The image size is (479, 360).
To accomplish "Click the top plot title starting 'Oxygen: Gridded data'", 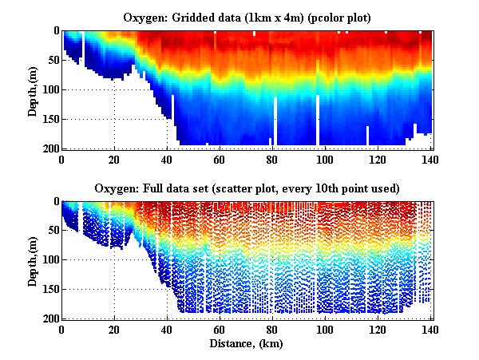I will pyautogui.click(x=247, y=17).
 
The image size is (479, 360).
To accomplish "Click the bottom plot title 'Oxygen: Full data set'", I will pyautogui.click(x=247, y=188).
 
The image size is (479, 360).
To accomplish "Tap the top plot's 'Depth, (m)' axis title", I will pyautogui.click(x=33, y=89).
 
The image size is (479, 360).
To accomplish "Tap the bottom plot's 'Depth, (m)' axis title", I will pyautogui.click(x=33, y=260).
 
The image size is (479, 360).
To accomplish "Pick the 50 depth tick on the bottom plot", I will pyautogui.click(x=51, y=231).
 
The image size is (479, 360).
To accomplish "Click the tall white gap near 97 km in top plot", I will pyautogui.click(x=318, y=120).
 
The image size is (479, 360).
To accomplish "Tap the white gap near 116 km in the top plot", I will pyautogui.click(x=367, y=135).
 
